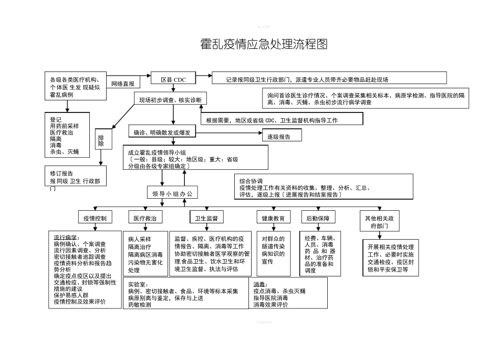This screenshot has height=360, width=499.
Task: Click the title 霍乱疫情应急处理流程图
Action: (x=264, y=44)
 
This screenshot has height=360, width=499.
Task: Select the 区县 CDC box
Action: (x=173, y=79)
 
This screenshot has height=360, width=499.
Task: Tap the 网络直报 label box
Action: (x=122, y=84)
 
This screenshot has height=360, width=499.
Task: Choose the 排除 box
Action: (x=101, y=140)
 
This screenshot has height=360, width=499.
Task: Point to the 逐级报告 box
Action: (x=283, y=137)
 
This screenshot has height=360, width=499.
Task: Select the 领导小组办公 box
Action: (x=172, y=193)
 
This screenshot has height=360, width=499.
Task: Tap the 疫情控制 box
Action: (x=96, y=218)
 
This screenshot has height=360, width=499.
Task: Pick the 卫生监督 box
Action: (x=206, y=218)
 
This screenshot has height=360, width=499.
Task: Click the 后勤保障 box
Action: (x=318, y=218)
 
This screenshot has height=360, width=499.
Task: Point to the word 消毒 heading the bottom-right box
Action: (x=261, y=284)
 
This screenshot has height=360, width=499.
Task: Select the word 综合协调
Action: (x=251, y=181)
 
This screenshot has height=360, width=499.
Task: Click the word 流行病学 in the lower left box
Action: (x=66, y=237)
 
